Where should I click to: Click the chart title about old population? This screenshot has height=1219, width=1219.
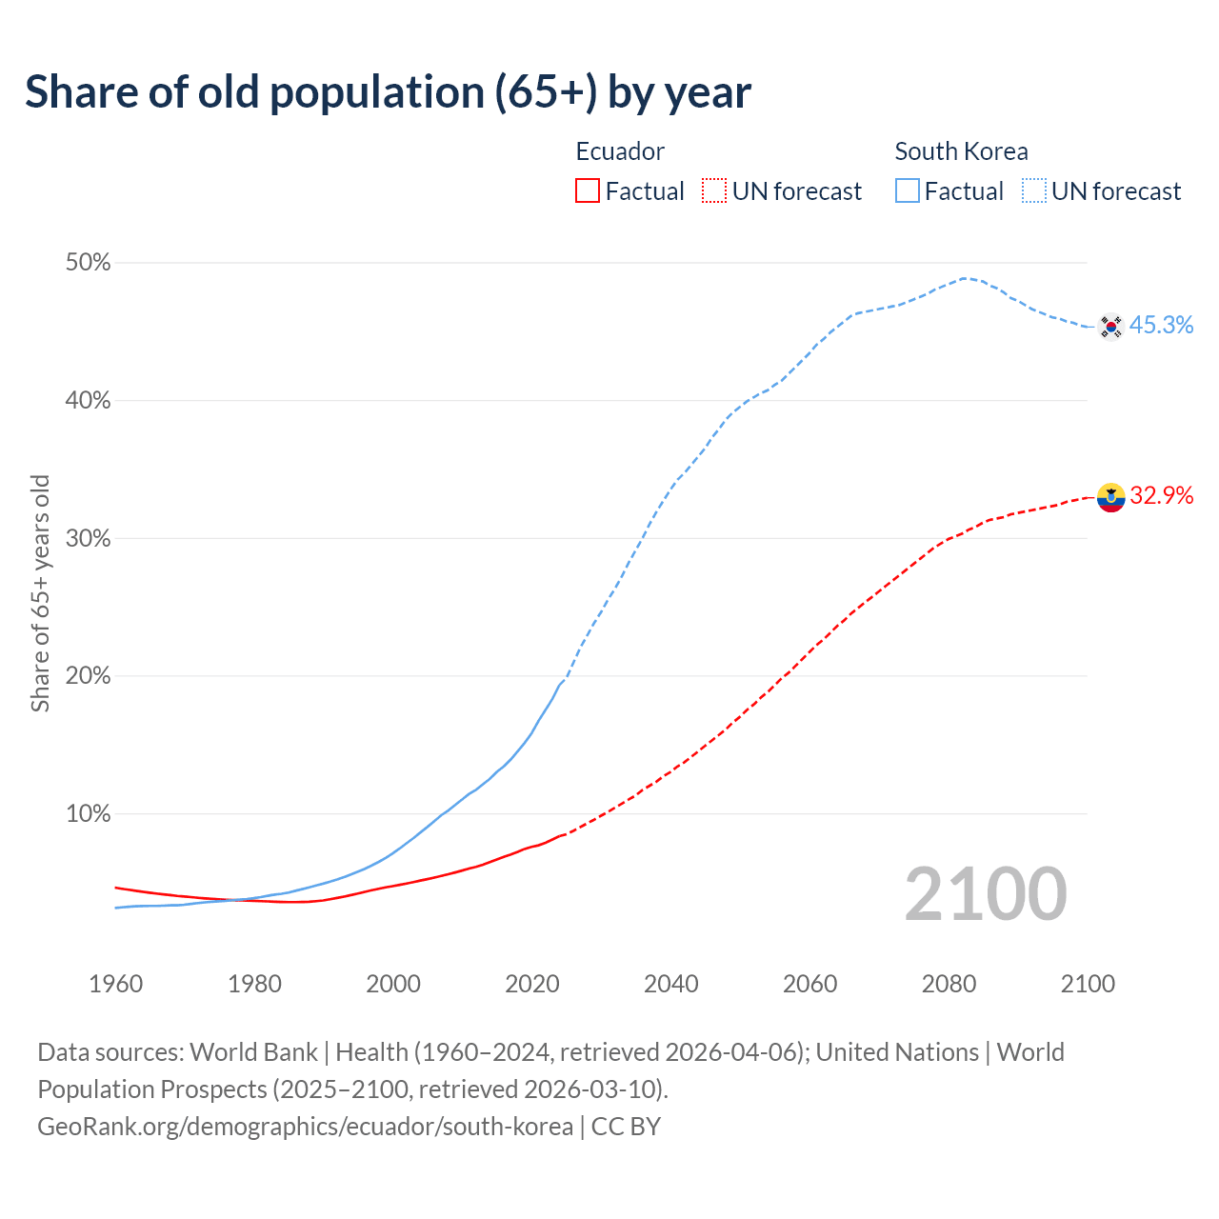click(388, 92)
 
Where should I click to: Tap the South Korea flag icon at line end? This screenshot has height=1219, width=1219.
click(1110, 327)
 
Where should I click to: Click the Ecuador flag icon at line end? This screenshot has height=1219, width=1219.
click(1110, 497)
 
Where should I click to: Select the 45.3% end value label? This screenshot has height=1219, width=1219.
click(1161, 326)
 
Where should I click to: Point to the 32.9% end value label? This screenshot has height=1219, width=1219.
click(1161, 496)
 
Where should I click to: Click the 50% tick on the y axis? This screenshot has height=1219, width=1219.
click(88, 263)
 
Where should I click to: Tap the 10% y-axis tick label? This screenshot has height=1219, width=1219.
click(88, 814)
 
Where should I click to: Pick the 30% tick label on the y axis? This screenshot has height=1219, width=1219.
click(88, 539)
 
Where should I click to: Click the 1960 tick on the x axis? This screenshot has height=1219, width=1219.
click(115, 984)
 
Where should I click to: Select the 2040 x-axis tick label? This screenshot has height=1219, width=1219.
click(670, 984)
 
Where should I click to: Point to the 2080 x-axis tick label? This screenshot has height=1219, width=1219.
click(949, 984)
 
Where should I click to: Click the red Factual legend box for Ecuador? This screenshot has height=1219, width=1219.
click(588, 191)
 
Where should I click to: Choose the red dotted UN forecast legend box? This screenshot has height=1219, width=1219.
click(714, 191)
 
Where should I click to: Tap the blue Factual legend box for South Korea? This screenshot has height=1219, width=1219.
click(908, 191)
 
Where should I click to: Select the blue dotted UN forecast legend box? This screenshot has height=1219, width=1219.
click(1034, 191)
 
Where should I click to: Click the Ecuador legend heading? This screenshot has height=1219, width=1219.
click(620, 151)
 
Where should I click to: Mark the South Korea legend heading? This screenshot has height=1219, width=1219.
click(961, 151)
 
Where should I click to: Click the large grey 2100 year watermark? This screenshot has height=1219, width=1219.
click(986, 894)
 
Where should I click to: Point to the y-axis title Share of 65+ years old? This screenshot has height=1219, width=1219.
click(40, 592)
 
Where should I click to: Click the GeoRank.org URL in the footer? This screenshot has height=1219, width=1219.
click(305, 1127)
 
